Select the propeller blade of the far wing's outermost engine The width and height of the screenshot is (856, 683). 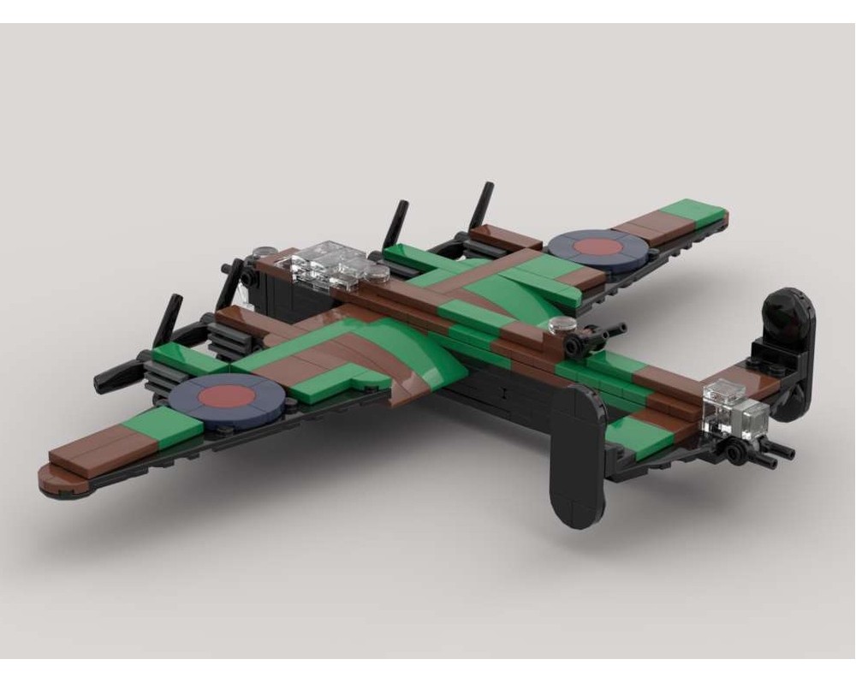click(483, 206)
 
